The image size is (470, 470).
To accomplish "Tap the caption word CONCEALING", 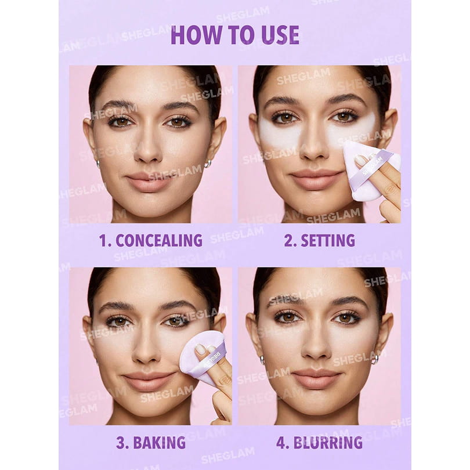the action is (x=159, y=240).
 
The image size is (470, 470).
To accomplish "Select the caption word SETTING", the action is (x=328, y=240).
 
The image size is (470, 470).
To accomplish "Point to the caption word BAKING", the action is (x=159, y=443).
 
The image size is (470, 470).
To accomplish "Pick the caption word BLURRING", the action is (x=328, y=443).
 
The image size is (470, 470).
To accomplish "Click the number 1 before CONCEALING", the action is (x=103, y=240).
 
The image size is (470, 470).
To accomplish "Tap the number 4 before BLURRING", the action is (x=282, y=443).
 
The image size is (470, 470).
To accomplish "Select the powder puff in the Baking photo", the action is (x=205, y=359).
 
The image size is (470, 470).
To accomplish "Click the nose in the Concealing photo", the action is (x=148, y=147).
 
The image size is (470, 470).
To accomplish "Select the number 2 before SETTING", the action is (x=288, y=240).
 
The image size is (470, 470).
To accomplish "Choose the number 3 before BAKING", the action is (x=121, y=443).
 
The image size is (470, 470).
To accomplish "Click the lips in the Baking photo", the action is (x=148, y=381).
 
